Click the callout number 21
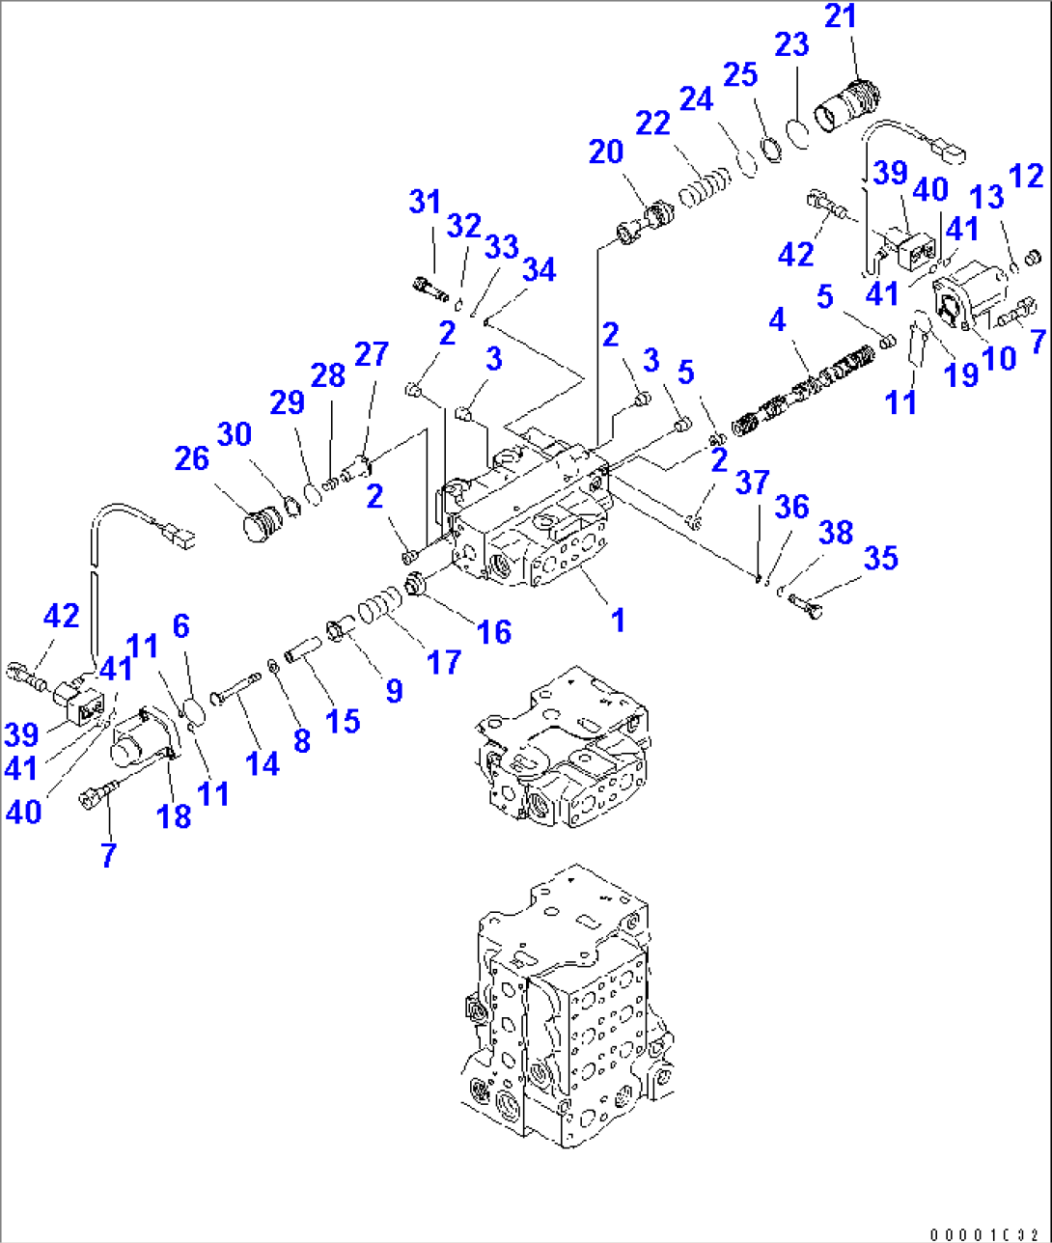(841, 16)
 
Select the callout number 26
(191, 457)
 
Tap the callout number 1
(618, 619)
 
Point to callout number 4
(778, 319)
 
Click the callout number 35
(880, 558)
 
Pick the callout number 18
(174, 816)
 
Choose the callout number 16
(494, 631)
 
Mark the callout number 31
(425, 202)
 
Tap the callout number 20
(606, 152)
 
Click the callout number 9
(394, 690)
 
